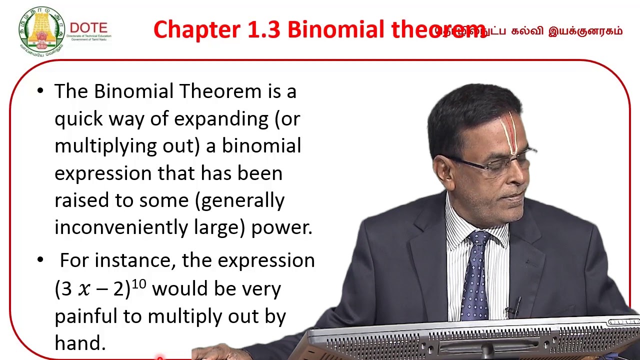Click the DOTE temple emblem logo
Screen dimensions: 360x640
[x=41, y=30]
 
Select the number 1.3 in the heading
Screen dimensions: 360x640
[x=265, y=30]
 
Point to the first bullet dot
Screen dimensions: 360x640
[x=40, y=91]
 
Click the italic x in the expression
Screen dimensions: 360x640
[x=85, y=290]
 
